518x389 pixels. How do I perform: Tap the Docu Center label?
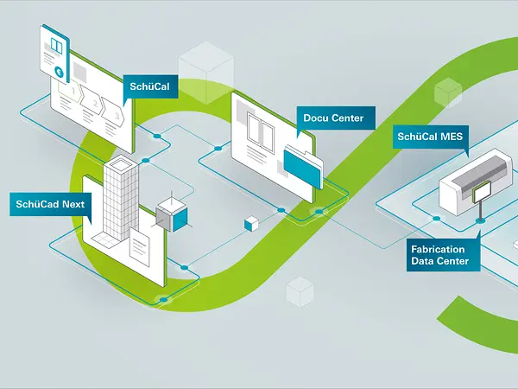(x=333, y=118)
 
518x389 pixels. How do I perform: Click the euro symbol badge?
(x=58, y=71)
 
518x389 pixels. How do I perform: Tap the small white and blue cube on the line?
(x=250, y=223)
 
